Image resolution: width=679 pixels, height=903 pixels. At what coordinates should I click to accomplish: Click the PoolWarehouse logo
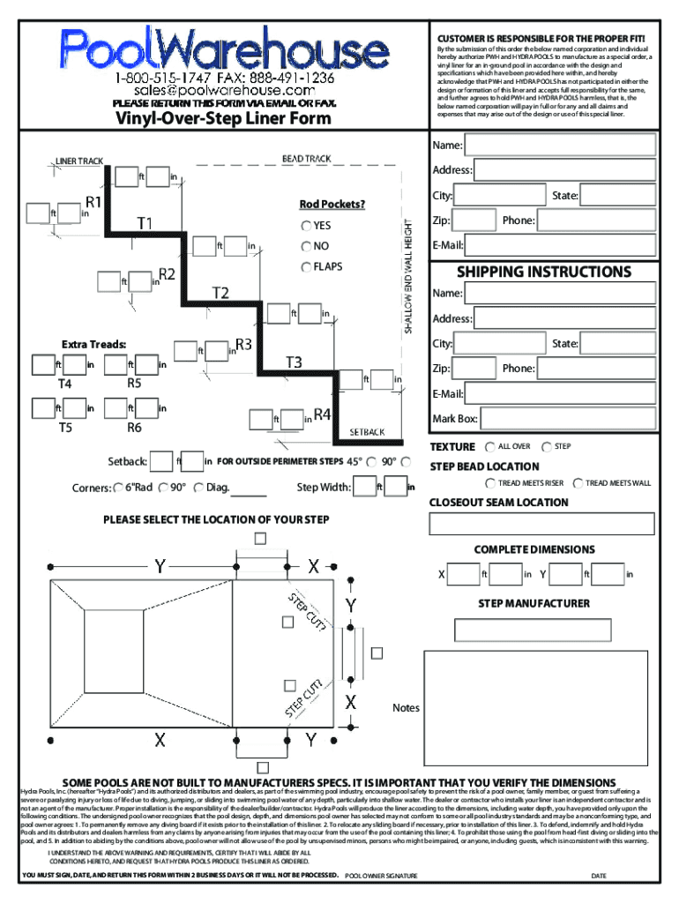pos(213,48)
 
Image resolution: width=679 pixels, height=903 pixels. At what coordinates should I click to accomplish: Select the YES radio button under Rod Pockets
pos(306,226)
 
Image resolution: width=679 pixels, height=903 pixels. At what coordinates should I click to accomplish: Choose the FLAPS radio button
pos(306,266)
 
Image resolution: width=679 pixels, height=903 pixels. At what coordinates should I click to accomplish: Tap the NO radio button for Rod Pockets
pos(306,246)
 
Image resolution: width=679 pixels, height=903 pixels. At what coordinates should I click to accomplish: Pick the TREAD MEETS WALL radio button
pos(577,483)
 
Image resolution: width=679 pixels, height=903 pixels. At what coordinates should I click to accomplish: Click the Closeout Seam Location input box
pos(542,523)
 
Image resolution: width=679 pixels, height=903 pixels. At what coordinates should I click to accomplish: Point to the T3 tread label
pos(294,362)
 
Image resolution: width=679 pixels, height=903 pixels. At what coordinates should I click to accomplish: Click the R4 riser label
pos(322,414)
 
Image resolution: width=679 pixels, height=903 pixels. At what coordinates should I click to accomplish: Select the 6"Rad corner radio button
pos(118,488)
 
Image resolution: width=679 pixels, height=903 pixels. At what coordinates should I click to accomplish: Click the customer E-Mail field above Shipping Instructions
pos(561,244)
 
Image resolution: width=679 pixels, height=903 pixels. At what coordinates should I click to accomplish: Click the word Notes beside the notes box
pos(406,708)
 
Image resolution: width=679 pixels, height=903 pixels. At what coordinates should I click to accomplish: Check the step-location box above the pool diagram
pos(260,538)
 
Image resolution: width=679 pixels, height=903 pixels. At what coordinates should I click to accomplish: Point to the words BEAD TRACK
pos(306,159)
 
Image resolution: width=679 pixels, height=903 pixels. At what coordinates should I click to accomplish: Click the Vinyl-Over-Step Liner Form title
pos(224,119)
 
